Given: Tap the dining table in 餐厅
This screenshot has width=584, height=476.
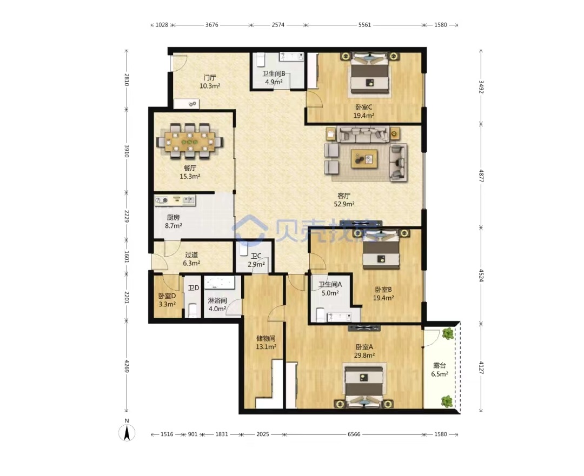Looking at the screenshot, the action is tap(190, 142).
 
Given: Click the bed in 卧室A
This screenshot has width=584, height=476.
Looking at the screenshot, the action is tap(364, 386).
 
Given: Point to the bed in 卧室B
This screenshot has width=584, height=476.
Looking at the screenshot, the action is tap(381, 249).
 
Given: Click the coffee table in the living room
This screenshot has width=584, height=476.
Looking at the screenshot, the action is tap(364, 158).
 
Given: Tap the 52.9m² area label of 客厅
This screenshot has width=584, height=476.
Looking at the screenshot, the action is tap(344, 204).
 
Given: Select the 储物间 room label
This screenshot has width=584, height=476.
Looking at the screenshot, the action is tap(266, 339).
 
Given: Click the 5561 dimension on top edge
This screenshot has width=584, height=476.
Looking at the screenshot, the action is tap(364, 25).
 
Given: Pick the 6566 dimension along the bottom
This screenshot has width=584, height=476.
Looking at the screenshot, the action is tap(354, 434).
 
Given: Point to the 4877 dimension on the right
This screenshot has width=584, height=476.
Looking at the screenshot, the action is tap(481, 176).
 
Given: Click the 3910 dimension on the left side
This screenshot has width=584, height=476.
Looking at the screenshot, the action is tap(127, 151).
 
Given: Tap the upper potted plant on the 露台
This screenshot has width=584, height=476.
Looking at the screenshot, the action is tap(448, 333).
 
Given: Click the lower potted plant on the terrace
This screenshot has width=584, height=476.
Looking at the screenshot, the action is tap(447, 401).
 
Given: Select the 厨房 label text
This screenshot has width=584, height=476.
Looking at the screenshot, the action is tap(173, 217).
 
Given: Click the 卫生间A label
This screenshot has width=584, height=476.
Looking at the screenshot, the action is tap(330, 284).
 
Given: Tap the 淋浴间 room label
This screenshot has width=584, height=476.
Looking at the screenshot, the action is tap(217, 300).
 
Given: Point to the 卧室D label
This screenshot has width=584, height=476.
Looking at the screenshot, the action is tap(167, 296).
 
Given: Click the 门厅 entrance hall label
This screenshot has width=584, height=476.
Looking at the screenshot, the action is tap(210, 77).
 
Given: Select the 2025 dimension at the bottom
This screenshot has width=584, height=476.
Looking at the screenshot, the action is tap(263, 434).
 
